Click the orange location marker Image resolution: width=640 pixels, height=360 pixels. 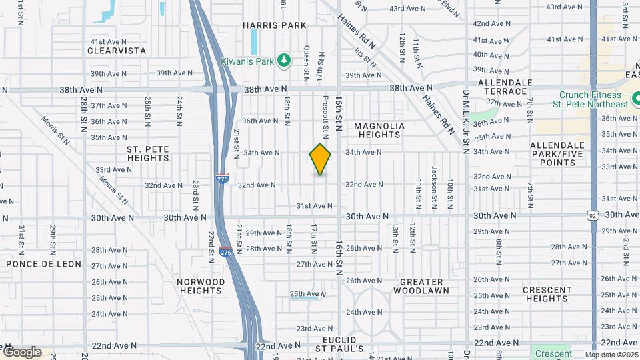pyautogui.click(x=320, y=159)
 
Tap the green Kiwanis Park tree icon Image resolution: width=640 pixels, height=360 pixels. pyautogui.click(x=285, y=61)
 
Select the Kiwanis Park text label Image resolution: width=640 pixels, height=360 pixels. pyautogui.click(x=247, y=61)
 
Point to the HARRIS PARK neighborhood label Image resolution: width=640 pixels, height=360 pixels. pyautogui.click(x=274, y=25)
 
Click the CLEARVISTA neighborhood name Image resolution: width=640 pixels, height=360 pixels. pyautogui.click(x=117, y=50)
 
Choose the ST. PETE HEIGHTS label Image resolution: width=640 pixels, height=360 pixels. pyautogui.click(x=147, y=153)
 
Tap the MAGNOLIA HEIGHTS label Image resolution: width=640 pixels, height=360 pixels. pyautogui.click(x=379, y=130)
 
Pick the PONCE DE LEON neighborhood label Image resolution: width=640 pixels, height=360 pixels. pyautogui.click(x=43, y=264)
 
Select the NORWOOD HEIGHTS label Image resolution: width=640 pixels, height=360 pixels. pyautogui.click(x=201, y=286)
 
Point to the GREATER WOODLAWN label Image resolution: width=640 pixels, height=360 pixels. pyautogui.click(x=421, y=286)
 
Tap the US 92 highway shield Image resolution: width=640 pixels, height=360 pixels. pyautogui.click(x=593, y=215)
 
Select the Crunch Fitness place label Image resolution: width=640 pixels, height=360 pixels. pyautogui.click(x=593, y=99)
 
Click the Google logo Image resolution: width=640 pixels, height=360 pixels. pyautogui.click(x=22, y=352)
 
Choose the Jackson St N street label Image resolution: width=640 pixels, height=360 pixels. pyautogui.click(x=434, y=178)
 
